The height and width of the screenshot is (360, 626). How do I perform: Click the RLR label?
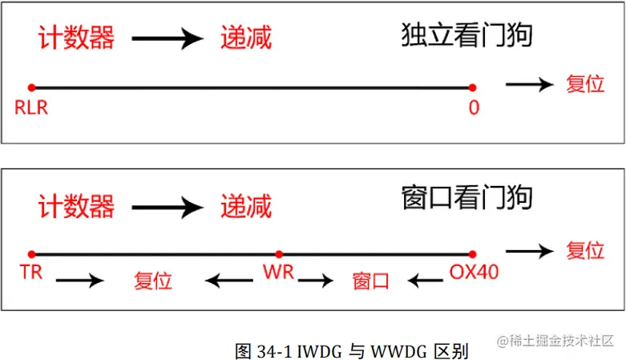coord(31,107)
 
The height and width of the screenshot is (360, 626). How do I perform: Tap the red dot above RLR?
coord(30,87)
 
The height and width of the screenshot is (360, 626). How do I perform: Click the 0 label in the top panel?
coord(474,107)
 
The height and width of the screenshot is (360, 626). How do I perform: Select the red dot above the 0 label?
coord(473,87)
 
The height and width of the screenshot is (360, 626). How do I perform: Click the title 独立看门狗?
coord(466,36)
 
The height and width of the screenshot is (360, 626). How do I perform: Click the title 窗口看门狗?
coord(466,197)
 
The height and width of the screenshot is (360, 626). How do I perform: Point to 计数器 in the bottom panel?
coord(76,206)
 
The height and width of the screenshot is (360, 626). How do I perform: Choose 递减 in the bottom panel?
coord(246,206)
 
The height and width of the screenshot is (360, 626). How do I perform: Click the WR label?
coord(278,272)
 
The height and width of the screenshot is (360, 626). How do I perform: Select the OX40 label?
coord(474,272)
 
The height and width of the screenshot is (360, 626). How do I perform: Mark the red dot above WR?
coord(278,253)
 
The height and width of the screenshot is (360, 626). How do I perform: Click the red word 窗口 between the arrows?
coord(371,281)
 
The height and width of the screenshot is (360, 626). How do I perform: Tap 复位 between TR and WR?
coord(153,281)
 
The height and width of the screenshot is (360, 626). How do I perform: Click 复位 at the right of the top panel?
coord(585,83)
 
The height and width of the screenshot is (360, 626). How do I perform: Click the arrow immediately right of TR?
coord(80,281)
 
